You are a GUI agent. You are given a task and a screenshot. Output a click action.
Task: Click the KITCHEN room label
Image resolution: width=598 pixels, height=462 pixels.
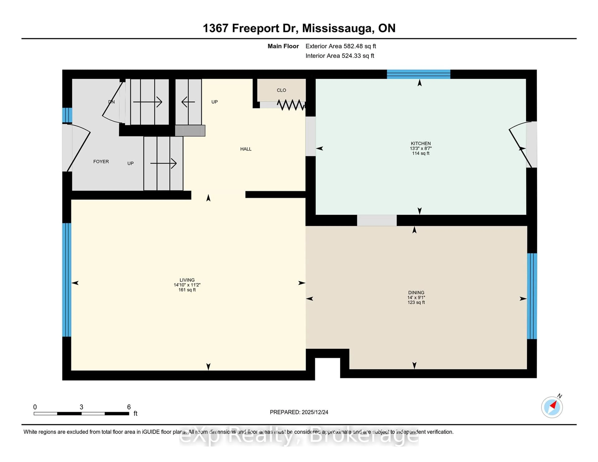(421, 143)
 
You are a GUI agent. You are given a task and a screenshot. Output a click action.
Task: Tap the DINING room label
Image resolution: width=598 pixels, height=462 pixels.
(416, 293)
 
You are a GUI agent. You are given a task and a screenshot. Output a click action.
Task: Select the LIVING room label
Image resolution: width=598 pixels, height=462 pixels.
(187, 280)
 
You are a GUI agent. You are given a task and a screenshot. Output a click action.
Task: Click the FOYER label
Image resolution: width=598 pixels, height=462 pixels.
(101, 161)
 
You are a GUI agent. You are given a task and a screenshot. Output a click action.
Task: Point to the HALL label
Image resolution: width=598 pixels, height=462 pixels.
(246, 149)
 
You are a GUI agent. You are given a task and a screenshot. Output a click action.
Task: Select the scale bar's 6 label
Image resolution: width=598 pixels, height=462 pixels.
(129, 407)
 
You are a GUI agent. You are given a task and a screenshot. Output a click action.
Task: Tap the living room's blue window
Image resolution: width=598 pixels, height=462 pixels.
(66, 280)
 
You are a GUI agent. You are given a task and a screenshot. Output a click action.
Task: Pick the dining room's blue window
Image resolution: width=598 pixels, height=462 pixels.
(532, 296)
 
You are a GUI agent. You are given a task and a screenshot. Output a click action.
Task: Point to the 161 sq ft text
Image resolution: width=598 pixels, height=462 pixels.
(187, 290)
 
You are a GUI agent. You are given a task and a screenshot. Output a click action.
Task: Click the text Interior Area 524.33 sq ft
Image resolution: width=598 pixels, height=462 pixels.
(339, 56)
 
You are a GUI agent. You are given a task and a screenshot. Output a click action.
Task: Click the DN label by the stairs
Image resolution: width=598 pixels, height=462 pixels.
(111, 102)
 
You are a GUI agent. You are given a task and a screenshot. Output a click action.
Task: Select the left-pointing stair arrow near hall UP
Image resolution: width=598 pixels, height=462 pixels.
(188, 102)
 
